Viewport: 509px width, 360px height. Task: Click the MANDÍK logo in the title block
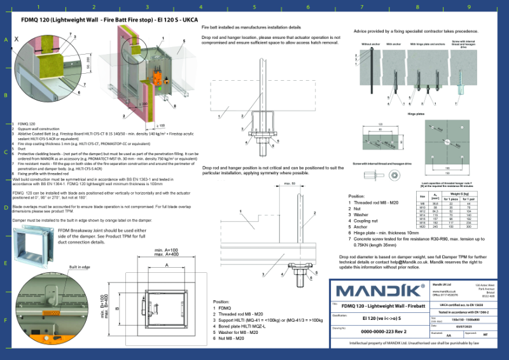pyautogui.click(x=377, y=291)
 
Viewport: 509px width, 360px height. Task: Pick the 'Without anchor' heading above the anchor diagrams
pyautogui.click(x=370, y=44)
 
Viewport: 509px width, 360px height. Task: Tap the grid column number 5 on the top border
pyautogui.click(x=254, y=8)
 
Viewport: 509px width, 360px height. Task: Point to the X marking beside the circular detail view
pyautogui.click(x=17, y=38)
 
